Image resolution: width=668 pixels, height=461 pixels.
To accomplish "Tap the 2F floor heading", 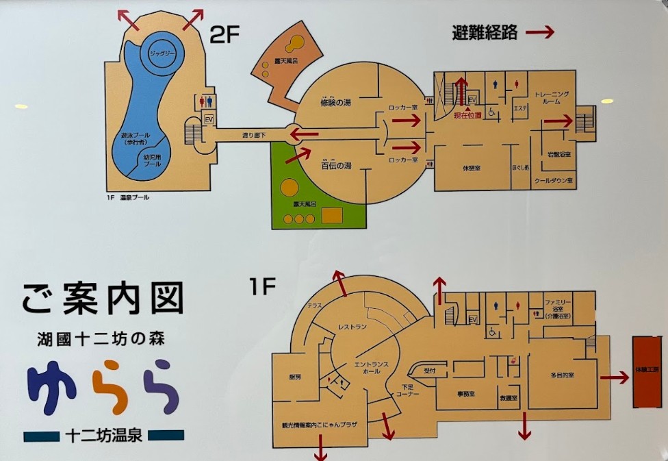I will coord(224,36).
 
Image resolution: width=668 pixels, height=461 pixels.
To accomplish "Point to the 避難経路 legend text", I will coord(484,32).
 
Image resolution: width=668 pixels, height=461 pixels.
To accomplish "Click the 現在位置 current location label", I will coord(467,115).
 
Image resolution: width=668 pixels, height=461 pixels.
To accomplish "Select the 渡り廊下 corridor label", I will coord(254,136).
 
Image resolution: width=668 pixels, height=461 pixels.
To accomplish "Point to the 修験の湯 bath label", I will coord(335,103).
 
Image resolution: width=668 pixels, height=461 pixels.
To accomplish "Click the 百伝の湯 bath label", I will coord(336,165).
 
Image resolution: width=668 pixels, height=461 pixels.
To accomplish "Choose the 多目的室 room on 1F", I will coord(561,375).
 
